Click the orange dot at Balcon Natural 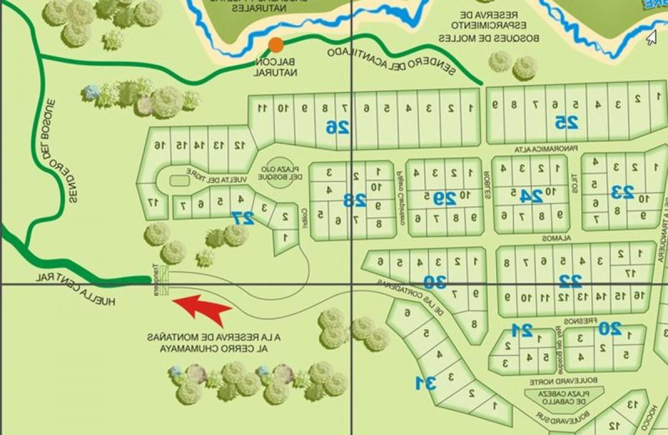[x=276, y=45]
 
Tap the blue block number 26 [x=337, y=128]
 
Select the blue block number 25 [x=566, y=122]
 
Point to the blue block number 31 [x=426, y=383]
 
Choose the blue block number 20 [x=610, y=329]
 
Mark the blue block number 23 [x=622, y=192]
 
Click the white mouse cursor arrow [x=650, y=37]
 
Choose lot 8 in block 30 [x=474, y=324]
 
